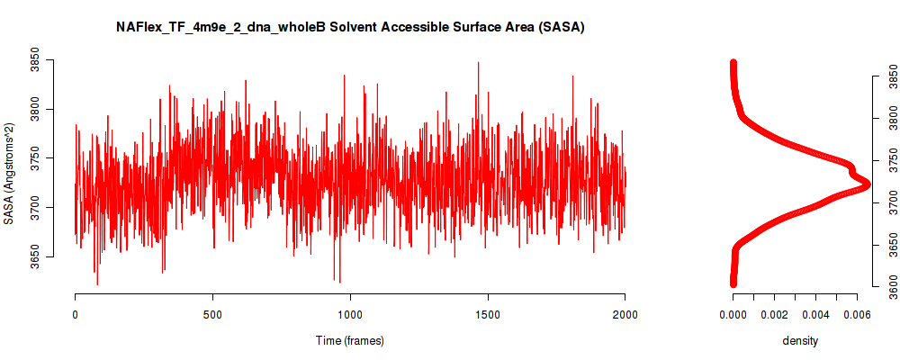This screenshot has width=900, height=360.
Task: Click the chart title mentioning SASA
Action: tap(350, 28)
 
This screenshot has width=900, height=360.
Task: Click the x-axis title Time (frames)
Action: tap(349, 340)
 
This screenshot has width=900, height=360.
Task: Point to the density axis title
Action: tap(800, 340)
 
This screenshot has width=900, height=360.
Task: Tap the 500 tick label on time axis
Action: tap(212, 314)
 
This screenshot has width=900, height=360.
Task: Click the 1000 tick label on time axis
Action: tap(349, 314)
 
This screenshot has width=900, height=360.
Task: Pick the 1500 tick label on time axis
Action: tap(488, 314)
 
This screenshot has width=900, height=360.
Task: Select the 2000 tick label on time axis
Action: tap(625, 314)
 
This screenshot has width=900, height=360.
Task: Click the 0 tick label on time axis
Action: tap(76, 314)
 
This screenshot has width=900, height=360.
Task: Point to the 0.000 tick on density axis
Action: tap(733, 314)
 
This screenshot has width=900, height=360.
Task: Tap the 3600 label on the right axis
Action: tap(890, 286)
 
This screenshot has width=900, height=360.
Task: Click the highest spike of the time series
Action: tap(478, 62)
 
